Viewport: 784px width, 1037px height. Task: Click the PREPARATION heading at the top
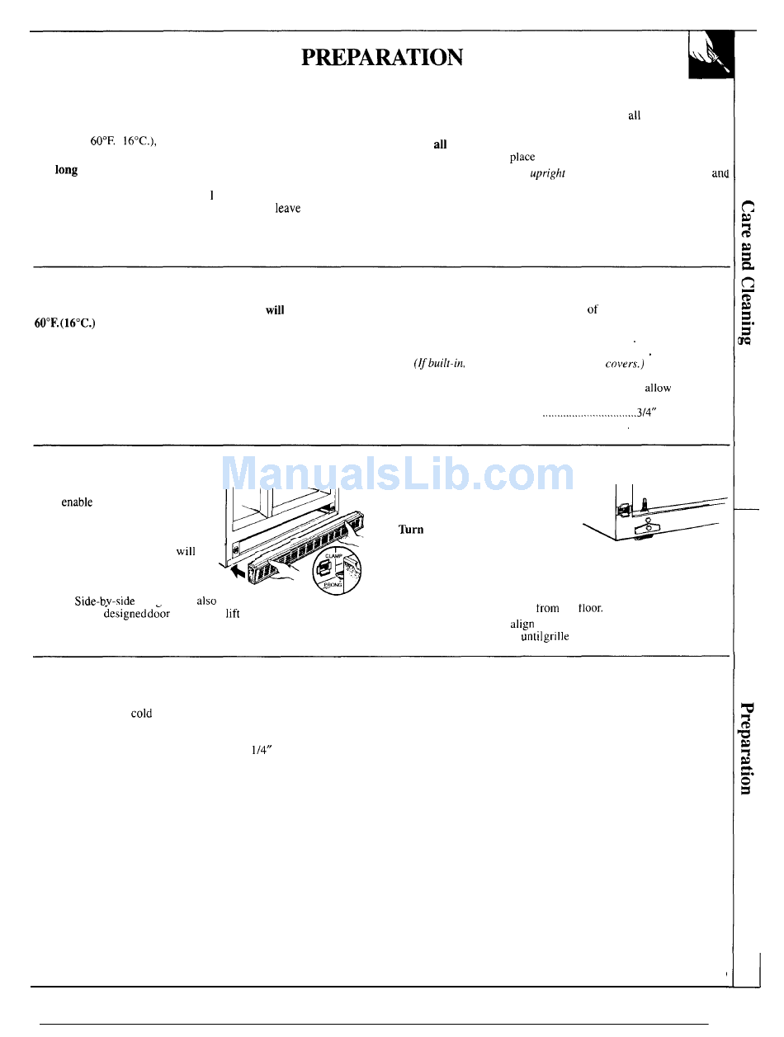[x=382, y=57]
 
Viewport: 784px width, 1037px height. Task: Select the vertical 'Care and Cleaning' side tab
[x=747, y=271]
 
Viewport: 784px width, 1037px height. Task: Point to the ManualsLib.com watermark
[x=399, y=474]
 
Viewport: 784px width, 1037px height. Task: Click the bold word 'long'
[x=66, y=170]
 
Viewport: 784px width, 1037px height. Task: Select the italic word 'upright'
[x=547, y=175]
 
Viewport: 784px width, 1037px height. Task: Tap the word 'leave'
[x=287, y=210]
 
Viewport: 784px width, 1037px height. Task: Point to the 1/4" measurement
[x=262, y=750]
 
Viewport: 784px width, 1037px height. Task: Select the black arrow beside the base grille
[x=239, y=568]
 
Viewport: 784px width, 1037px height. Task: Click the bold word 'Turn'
[x=411, y=530]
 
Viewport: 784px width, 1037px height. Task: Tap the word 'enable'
[x=77, y=502]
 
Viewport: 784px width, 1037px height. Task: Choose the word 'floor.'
[x=590, y=608]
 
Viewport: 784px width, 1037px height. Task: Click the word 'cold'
[x=141, y=714]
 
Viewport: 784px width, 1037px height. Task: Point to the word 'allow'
[x=658, y=387]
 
